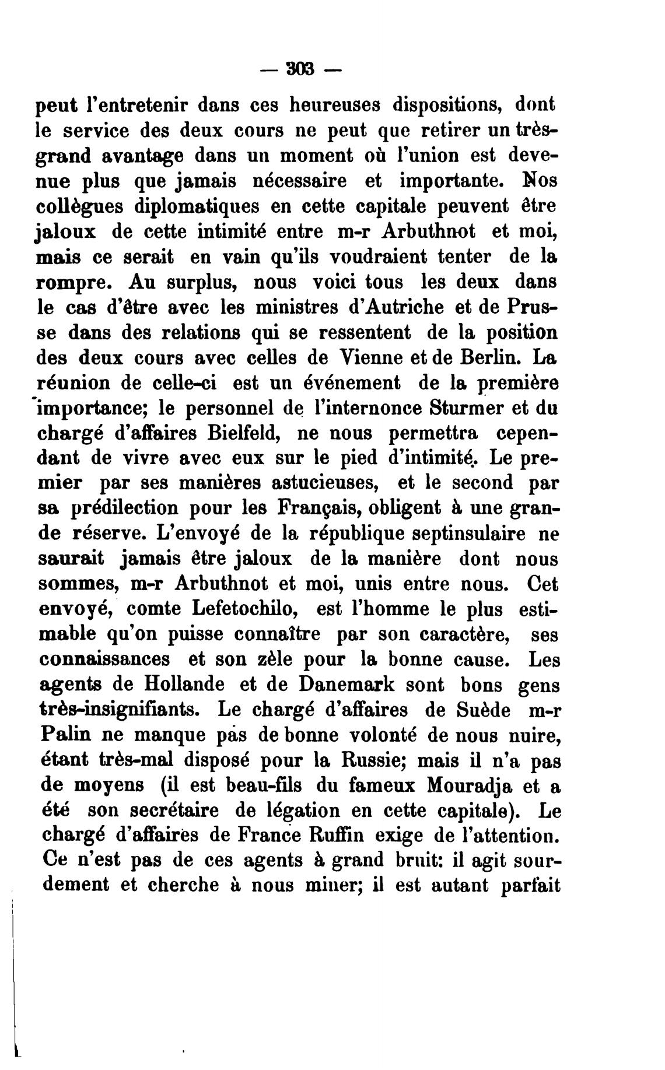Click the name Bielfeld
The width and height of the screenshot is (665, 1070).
pyautogui.click(x=245, y=433)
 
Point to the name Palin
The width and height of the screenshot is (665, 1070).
pyautogui.click(x=62, y=735)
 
